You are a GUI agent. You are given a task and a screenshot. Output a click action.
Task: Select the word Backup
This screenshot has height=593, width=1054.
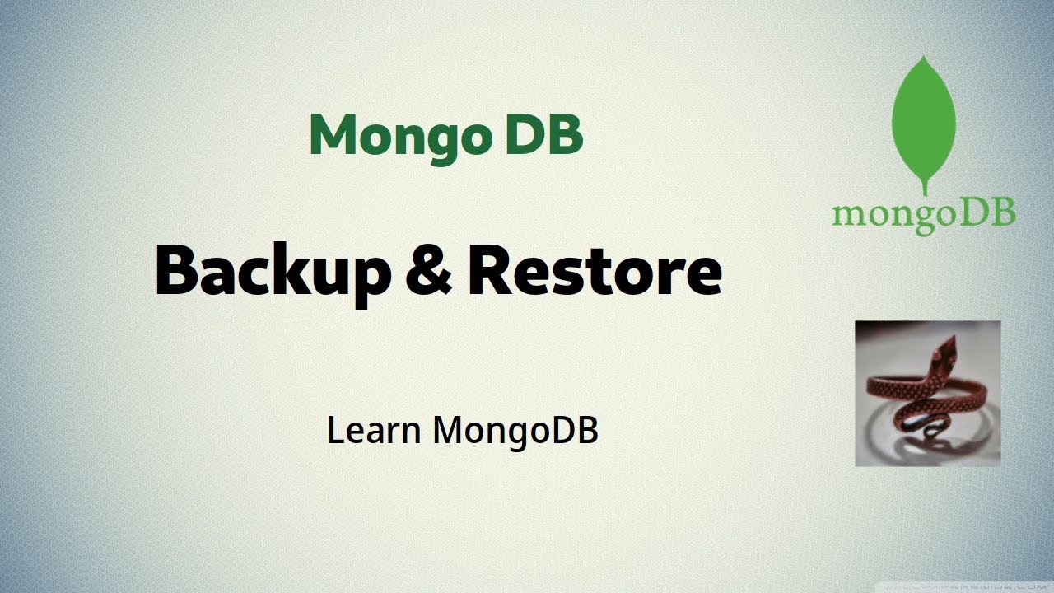(272, 272)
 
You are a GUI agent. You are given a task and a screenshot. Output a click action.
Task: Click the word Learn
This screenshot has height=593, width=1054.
(375, 430)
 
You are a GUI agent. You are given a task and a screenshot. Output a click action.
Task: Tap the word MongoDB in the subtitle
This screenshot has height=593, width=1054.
(515, 431)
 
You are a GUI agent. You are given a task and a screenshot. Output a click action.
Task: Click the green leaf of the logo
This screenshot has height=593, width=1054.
(924, 119)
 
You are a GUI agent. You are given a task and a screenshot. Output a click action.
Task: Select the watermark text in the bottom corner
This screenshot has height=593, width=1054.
(964, 586)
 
